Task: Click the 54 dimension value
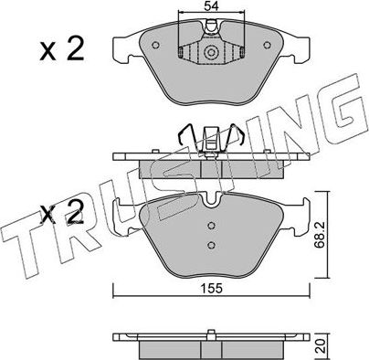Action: point(211,8)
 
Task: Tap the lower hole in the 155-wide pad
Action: point(211,244)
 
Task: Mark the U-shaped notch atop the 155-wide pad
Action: point(211,195)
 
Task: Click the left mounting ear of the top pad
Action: point(121,42)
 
